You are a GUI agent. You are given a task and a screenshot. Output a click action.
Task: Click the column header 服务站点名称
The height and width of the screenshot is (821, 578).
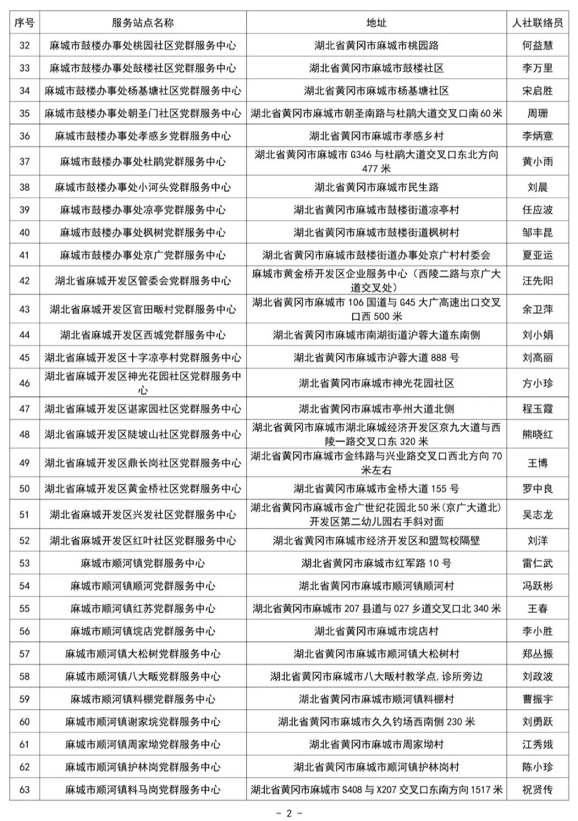point(143,23)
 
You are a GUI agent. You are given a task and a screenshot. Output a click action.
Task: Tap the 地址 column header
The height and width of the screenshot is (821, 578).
point(376,23)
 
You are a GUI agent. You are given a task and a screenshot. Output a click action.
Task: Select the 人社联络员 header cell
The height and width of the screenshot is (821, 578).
point(537,23)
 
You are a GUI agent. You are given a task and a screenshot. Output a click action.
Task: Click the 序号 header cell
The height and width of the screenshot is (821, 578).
point(25,23)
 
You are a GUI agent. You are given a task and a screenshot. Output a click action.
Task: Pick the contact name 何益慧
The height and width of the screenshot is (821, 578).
point(537,46)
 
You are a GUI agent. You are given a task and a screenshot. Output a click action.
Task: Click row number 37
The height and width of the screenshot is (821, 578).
point(25,161)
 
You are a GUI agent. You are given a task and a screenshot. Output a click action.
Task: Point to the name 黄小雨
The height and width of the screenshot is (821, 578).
point(537,161)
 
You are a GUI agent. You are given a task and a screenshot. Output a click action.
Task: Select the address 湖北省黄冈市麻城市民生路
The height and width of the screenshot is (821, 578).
point(376,187)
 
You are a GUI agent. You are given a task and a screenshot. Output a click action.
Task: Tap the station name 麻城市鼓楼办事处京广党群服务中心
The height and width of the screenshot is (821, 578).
point(143,255)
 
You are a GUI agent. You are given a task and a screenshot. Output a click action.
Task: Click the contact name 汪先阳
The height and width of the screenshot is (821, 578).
point(537,281)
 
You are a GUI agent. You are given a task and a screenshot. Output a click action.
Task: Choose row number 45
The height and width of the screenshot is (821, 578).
point(25,357)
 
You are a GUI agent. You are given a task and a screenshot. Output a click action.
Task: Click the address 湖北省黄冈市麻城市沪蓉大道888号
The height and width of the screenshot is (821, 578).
point(376,357)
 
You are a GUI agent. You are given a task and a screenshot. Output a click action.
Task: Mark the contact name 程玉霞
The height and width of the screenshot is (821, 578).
point(537,409)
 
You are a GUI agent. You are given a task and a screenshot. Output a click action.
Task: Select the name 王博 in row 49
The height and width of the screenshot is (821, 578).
point(537,463)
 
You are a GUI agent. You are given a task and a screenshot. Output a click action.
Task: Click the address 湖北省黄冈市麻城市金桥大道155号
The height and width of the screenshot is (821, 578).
point(376,488)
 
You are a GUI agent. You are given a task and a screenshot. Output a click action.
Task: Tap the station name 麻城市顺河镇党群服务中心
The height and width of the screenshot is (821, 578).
point(143,563)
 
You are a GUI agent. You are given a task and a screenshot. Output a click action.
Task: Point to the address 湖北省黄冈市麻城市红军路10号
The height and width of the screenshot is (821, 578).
point(376,563)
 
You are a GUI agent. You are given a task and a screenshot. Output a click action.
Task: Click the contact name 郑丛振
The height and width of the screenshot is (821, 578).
point(537,654)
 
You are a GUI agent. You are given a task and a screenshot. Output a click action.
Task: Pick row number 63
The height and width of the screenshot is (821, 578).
point(25,789)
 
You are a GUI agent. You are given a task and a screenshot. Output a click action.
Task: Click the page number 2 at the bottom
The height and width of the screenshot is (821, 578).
point(289,813)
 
